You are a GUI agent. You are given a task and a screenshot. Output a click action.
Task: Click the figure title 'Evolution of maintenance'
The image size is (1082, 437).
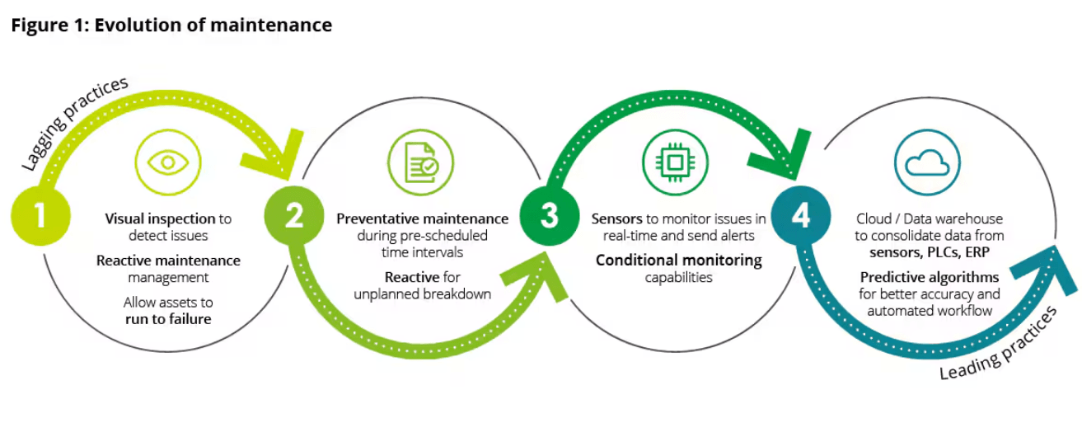[213, 26]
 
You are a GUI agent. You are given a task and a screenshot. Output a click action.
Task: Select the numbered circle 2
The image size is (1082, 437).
[293, 216]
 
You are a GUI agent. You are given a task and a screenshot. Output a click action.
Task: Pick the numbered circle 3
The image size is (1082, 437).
[548, 216]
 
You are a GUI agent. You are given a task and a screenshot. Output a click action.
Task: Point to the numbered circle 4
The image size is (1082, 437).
[801, 216]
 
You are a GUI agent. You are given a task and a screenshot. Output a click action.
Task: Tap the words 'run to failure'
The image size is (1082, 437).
[168, 319]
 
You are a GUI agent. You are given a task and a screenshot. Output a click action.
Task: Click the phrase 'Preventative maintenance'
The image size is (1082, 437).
[422, 218]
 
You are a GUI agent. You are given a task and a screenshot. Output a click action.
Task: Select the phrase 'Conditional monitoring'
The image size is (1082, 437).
[678, 261]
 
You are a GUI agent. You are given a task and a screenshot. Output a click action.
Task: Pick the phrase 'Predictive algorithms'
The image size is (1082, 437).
[930, 276]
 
